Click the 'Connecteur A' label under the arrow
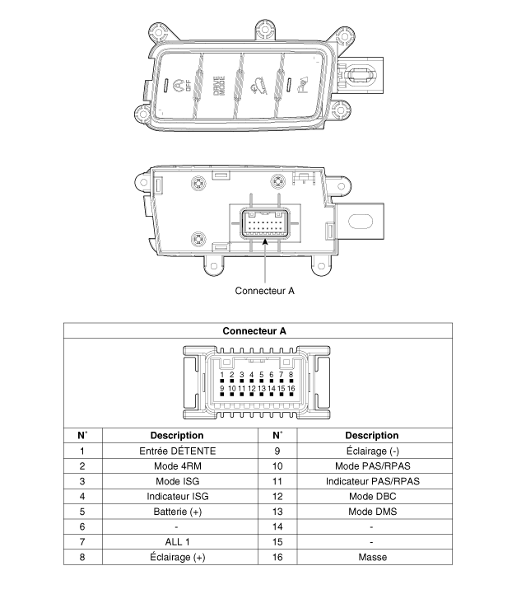[x=264, y=291]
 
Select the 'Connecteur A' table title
[x=254, y=330]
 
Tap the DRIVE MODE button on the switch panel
[x=219, y=86]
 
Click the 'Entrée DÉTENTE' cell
[x=178, y=451]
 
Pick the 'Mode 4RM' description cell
[x=178, y=466]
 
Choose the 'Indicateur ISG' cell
[x=178, y=496]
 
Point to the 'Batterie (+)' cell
[x=178, y=512]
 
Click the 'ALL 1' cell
[x=178, y=542]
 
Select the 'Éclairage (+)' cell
[x=178, y=557]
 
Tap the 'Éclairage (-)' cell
[x=373, y=451]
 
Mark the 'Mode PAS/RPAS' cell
[x=373, y=466]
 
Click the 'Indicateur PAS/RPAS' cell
[x=373, y=481]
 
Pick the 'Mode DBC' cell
[x=373, y=496]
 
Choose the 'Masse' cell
[x=373, y=557]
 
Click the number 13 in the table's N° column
[x=277, y=512]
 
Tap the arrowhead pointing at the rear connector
[x=265, y=241]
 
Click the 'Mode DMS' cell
[x=373, y=512]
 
